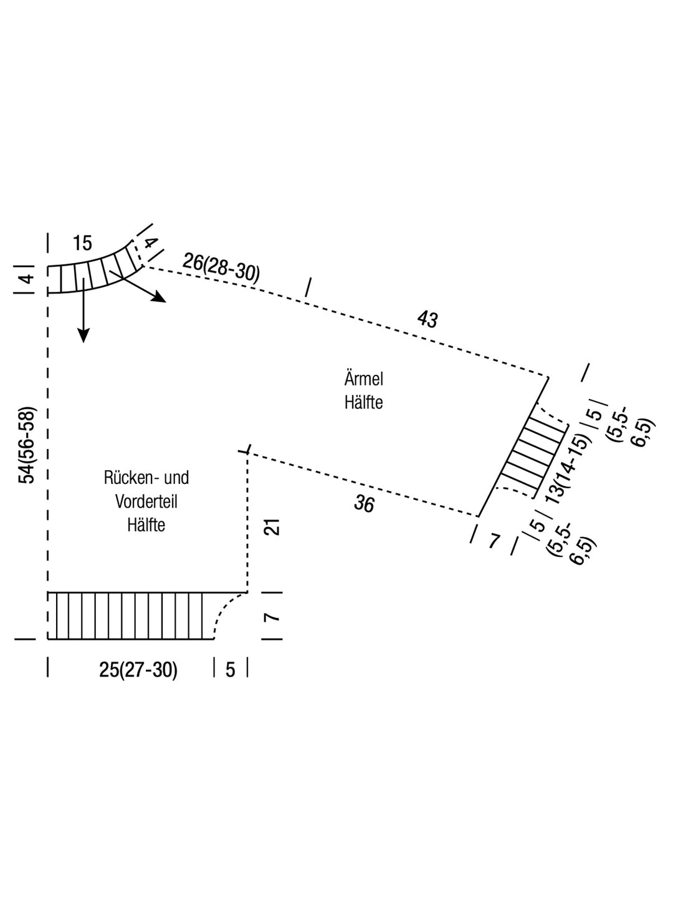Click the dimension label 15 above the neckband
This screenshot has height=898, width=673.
[x=82, y=243]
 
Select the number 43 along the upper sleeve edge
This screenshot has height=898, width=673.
[x=427, y=319]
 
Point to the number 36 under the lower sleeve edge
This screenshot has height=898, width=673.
[x=364, y=503]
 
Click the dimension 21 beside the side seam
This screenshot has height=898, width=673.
[x=272, y=526]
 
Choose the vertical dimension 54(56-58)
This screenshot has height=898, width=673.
[x=28, y=445]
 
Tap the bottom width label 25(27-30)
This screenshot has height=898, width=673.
[x=138, y=670]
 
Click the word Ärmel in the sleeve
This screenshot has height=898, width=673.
[x=363, y=379]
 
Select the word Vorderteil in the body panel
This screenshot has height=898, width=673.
[x=146, y=501]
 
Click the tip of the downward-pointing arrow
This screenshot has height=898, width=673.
[x=82, y=340]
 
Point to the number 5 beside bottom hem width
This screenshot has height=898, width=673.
[x=231, y=670]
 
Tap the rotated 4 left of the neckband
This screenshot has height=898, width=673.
[x=27, y=279]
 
